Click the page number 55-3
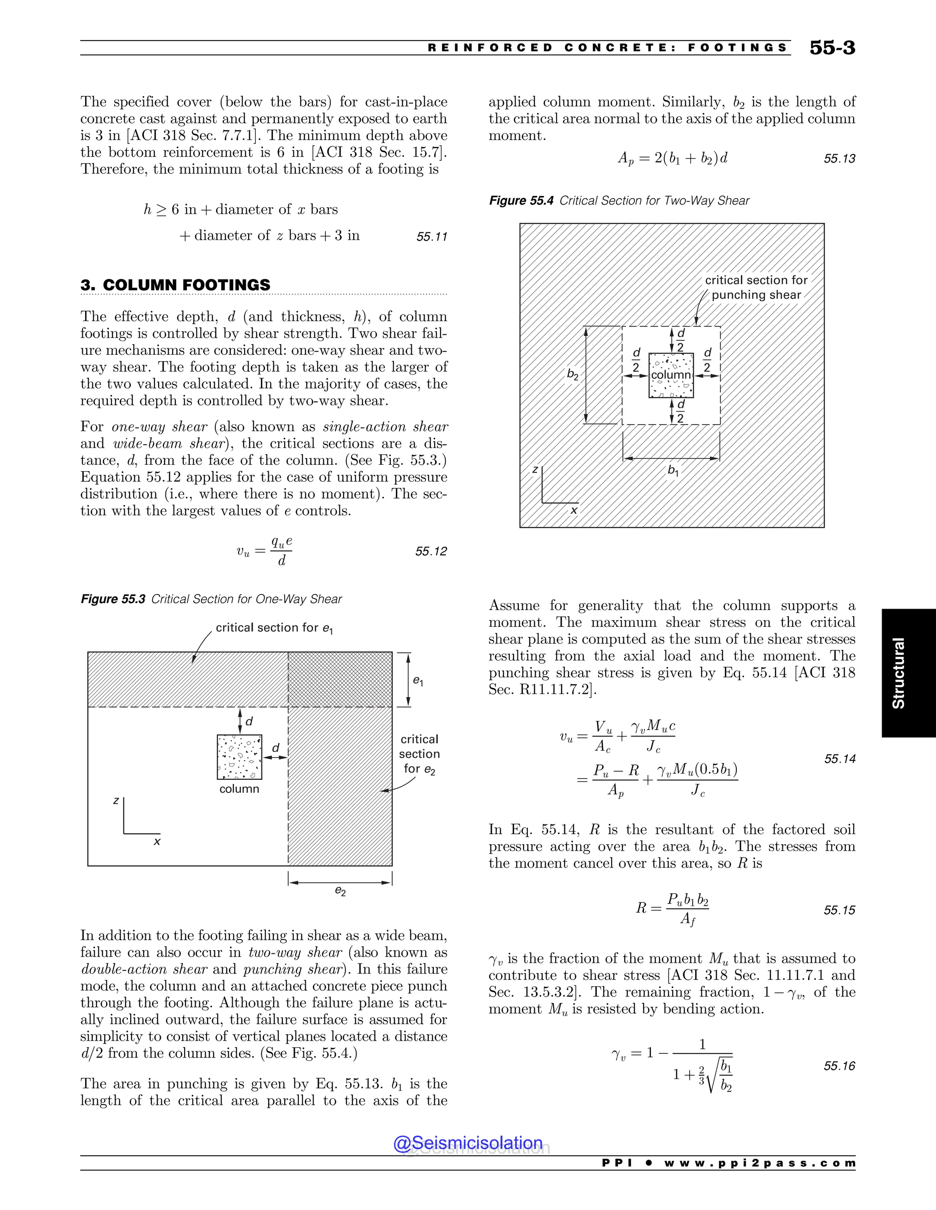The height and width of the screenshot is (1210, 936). click(x=832, y=47)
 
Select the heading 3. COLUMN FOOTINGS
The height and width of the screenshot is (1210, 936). click(x=175, y=285)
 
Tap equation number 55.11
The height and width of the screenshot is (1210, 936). click(x=431, y=237)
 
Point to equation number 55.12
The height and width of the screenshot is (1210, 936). click(x=431, y=551)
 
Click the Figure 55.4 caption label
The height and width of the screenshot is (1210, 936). click(x=521, y=200)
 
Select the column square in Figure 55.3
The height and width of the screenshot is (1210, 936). click(x=239, y=757)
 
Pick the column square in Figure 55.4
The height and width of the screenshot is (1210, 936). click(x=671, y=375)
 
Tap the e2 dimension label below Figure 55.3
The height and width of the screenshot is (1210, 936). click(x=340, y=891)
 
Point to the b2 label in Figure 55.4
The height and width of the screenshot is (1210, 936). click(x=573, y=375)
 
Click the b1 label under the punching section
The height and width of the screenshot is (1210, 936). click(x=673, y=470)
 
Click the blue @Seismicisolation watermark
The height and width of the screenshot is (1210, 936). click(x=468, y=1143)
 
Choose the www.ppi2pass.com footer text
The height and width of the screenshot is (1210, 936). click(x=759, y=1163)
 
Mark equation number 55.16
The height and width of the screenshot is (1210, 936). click(x=839, y=1067)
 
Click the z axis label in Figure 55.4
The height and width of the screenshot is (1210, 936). click(x=535, y=469)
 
